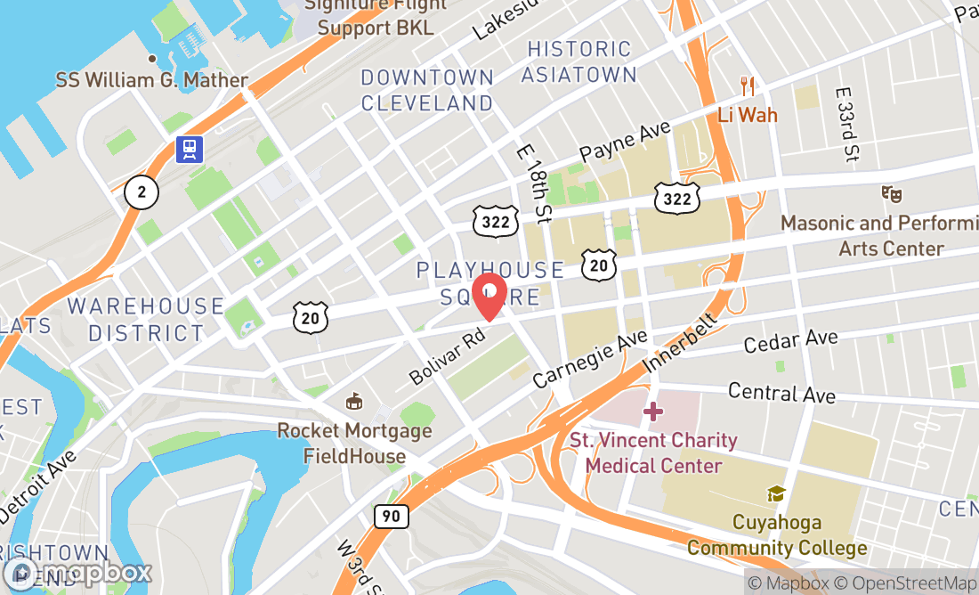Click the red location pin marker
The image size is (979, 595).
click(489, 297)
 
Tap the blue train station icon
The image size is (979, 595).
click(190, 150)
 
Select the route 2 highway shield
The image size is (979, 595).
click(141, 192)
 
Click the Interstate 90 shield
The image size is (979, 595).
click(392, 516)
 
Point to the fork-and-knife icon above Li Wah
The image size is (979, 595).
click(748, 86)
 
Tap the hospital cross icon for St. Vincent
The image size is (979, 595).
click(653, 412)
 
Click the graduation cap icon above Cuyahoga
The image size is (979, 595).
click(776, 493)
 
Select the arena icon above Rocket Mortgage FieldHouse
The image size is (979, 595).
click(354, 402)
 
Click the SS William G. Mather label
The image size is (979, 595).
click(152, 80)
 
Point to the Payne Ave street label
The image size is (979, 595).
click(624, 141)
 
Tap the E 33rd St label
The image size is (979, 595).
click(847, 124)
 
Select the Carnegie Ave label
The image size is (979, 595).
click(590, 360)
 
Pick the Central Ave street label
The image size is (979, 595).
click(781, 393)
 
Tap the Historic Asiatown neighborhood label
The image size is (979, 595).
click(578, 61)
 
